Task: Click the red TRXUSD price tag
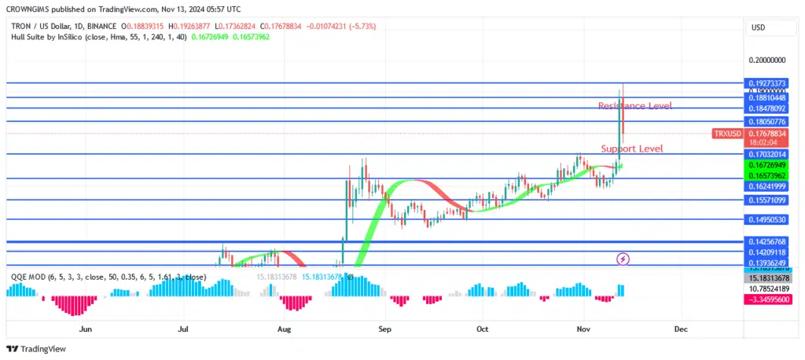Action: point(727,134)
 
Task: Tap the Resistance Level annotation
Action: point(634,105)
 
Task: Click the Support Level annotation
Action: point(631,149)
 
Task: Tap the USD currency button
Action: point(759,28)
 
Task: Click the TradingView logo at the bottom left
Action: point(37,348)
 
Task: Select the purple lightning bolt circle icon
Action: point(623,258)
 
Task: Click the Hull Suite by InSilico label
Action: point(53,36)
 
